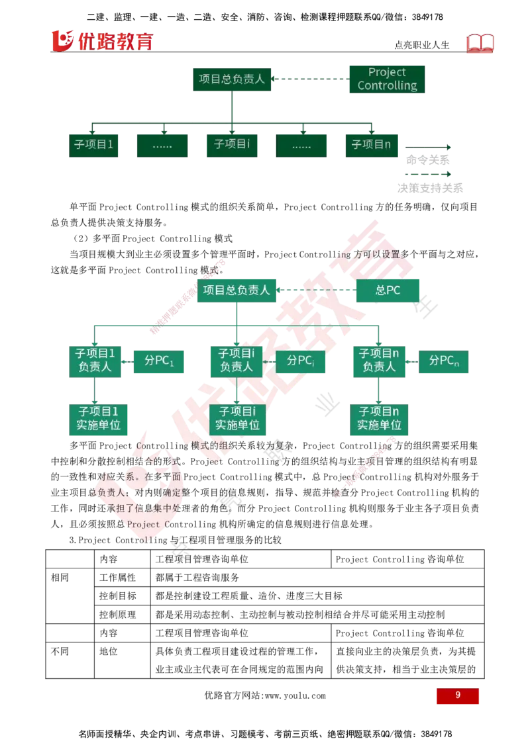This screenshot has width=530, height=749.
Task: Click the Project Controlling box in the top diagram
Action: pyautogui.click(x=387, y=79)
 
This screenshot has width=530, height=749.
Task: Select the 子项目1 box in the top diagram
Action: pyautogui.click(x=93, y=145)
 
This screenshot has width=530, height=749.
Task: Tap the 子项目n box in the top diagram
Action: pyautogui.click(x=372, y=145)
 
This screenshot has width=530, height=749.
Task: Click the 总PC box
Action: pyautogui.click(x=388, y=290)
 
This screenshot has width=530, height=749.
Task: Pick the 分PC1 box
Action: pyautogui.click(x=159, y=362)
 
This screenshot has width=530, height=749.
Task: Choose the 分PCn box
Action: pyautogui.click(x=443, y=362)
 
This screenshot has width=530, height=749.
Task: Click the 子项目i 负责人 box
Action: pyautogui.click(x=237, y=361)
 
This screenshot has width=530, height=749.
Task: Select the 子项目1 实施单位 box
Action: pyautogui.click(x=98, y=419)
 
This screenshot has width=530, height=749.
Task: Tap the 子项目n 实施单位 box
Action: pyautogui.click(x=379, y=419)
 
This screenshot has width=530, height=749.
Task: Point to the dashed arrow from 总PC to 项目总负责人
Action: pyautogui.click(x=316, y=290)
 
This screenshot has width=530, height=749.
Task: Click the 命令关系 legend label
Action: pyautogui.click(x=427, y=160)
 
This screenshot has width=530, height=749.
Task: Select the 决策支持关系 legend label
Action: pyautogui.click(x=430, y=188)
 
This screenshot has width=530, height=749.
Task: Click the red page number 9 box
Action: pyautogui.click(x=457, y=695)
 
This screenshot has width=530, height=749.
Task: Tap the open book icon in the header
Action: pyautogui.click(x=480, y=44)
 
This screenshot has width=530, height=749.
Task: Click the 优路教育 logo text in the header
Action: pyautogui.click(x=115, y=42)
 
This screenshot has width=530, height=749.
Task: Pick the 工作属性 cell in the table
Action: pyautogui.click(x=118, y=578)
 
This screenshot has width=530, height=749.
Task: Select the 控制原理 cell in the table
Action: pyautogui.click(x=118, y=615)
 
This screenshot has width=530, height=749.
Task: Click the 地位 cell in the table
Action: pyautogui.click(x=109, y=652)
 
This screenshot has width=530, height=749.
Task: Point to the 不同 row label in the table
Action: pyautogui.click(x=60, y=652)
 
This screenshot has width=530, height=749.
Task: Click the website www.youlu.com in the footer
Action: pyautogui.click(x=295, y=696)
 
